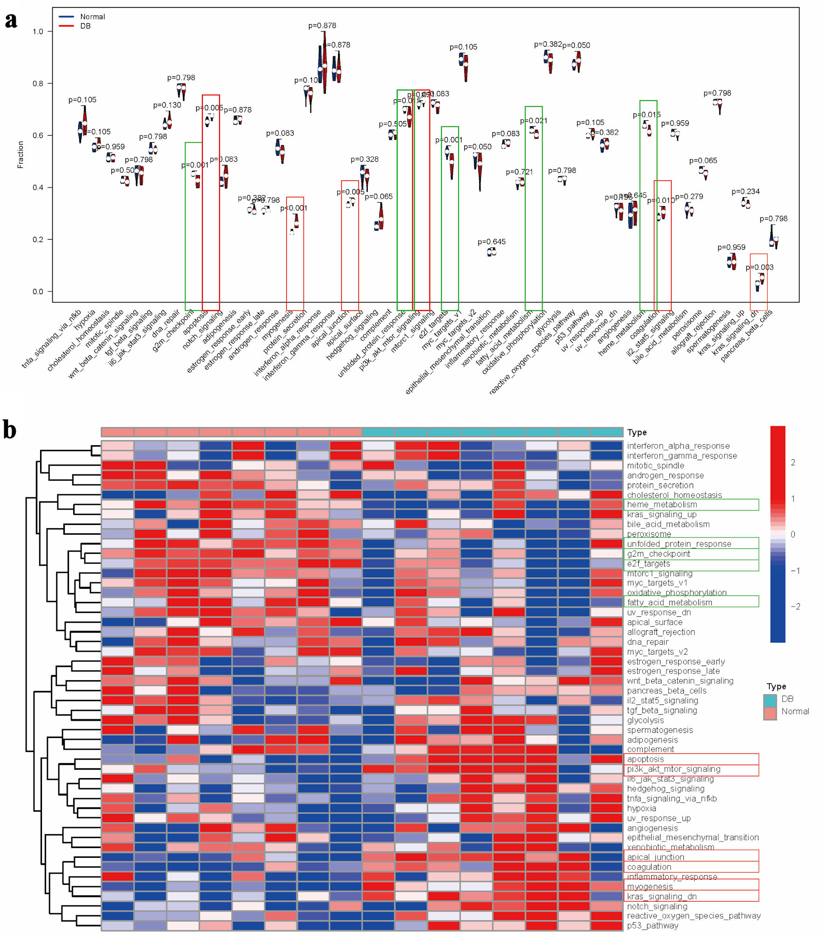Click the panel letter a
click(x=11, y=21)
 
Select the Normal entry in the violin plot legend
click(x=92, y=17)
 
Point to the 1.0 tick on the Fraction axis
click(x=38, y=32)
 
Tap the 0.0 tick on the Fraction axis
click(x=38, y=292)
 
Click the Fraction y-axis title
click(x=21, y=154)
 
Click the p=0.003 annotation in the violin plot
click(x=759, y=268)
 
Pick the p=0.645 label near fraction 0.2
click(x=491, y=242)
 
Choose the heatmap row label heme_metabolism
click(x=662, y=504)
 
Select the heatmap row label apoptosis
click(x=645, y=759)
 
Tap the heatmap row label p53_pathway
click(x=652, y=925)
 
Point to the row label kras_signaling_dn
click(x=661, y=896)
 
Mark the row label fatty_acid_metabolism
click(x=669, y=602)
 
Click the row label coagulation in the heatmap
click(x=649, y=867)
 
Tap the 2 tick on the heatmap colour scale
click(x=793, y=462)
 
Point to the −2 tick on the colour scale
click(x=795, y=607)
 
